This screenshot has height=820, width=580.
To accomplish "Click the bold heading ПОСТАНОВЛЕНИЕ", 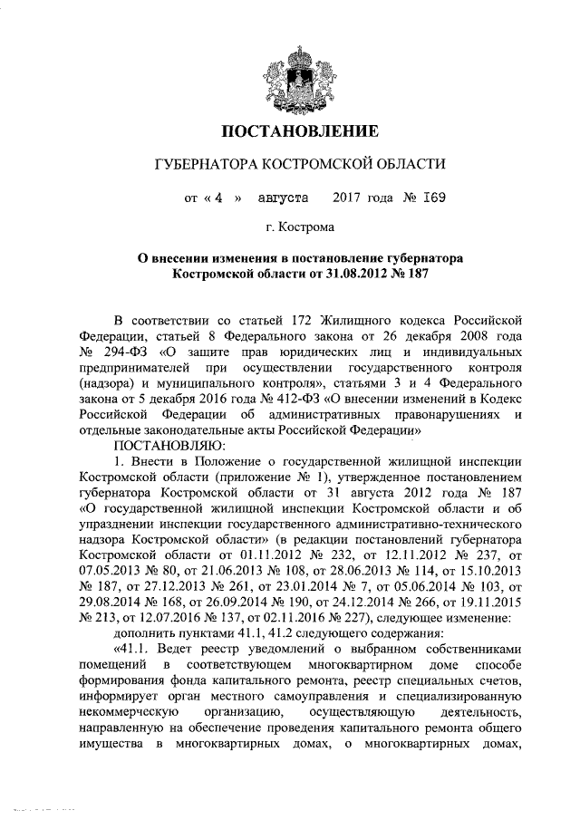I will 290,132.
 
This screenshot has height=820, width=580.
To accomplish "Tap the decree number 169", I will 430,197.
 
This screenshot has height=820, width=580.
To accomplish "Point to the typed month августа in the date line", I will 282,197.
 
